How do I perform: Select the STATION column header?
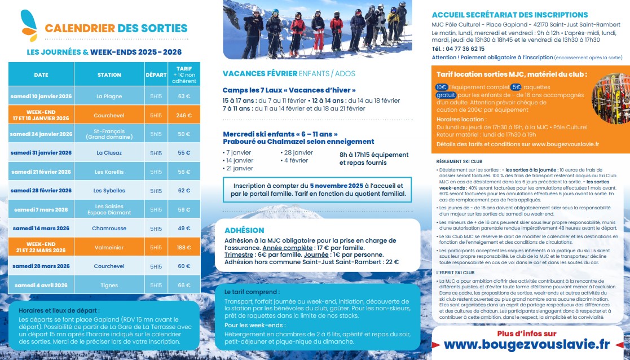point(109,74)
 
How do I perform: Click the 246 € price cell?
point(184,115)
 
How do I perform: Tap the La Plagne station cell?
point(109,96)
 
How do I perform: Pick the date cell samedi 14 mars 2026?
point(41,229)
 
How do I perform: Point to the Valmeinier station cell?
point(109,247)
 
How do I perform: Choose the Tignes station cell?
point(109,285)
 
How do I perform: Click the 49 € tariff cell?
point(184,229)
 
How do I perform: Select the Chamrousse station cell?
point(109,229)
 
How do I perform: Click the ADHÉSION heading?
point(244,230)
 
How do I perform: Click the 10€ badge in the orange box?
point(441,87)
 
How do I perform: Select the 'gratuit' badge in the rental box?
point(445,95)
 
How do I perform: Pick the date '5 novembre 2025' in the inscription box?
point(336,186)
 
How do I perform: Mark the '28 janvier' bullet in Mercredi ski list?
point(298,152)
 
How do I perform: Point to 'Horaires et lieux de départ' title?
point(59,310)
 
